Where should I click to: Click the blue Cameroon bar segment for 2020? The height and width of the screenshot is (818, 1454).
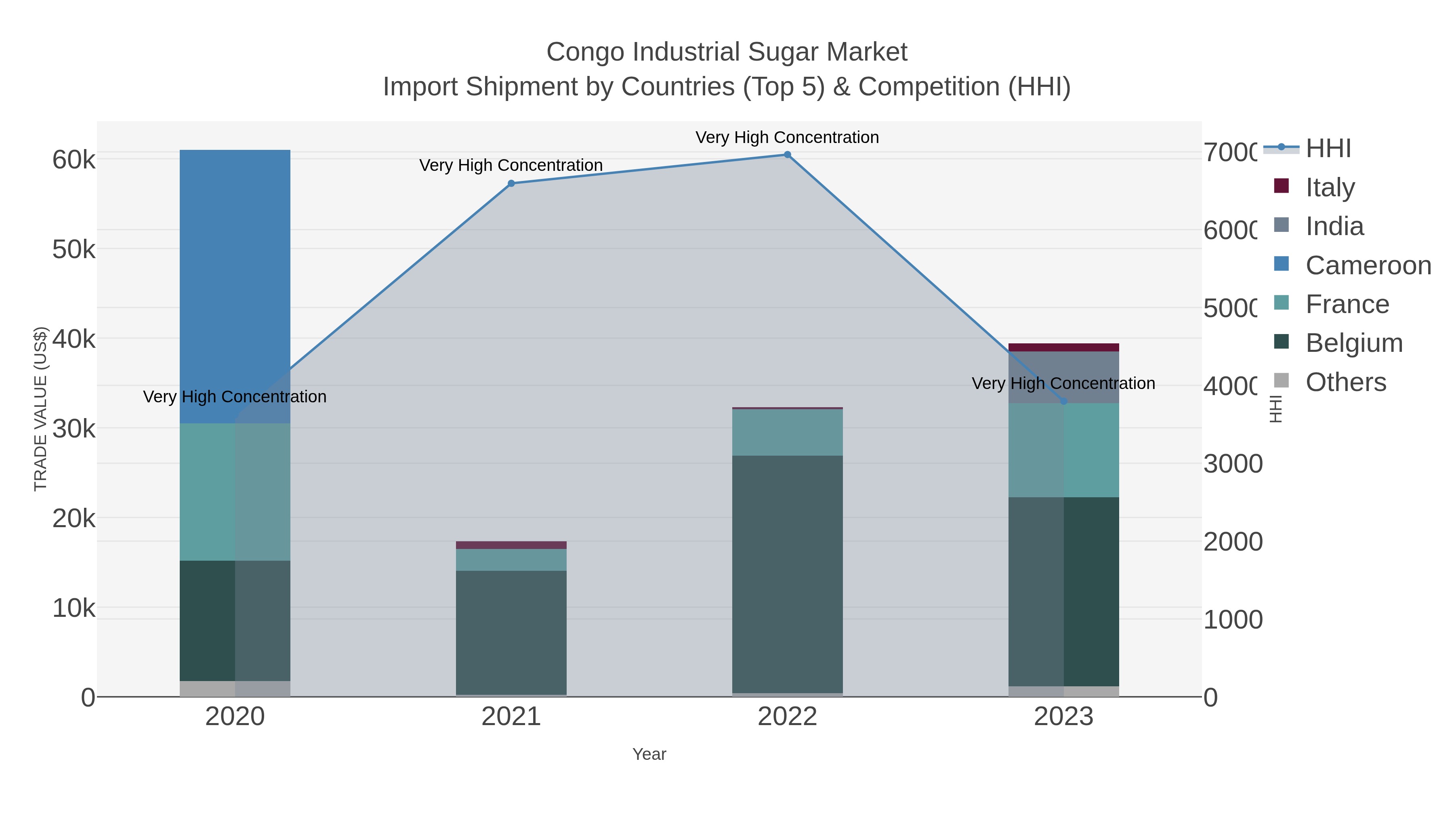click(x=235, y=282)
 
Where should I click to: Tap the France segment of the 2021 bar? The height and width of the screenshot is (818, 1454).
click(x=511, y=559)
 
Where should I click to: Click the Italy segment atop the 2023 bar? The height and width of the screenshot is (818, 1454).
click(x=1063, y=347)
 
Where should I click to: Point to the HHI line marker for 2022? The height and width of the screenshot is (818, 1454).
click(x=788, y=155)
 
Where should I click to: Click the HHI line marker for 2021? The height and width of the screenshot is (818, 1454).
click(x=511, y=183)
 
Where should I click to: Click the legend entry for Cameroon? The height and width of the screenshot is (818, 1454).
click(x=1367, y=265)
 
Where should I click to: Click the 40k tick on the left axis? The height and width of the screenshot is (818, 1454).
click(x=74, y=339)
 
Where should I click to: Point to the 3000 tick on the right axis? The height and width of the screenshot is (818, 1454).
click(x=1233, y=464)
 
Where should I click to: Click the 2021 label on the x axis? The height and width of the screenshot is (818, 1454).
click(x=511, y=717)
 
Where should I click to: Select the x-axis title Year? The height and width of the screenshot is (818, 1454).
click(x=649, y=754)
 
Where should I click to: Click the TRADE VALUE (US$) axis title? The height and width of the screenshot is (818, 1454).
click(x=41, y=409)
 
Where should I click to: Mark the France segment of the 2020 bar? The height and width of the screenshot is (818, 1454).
click(x=235, y=492)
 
